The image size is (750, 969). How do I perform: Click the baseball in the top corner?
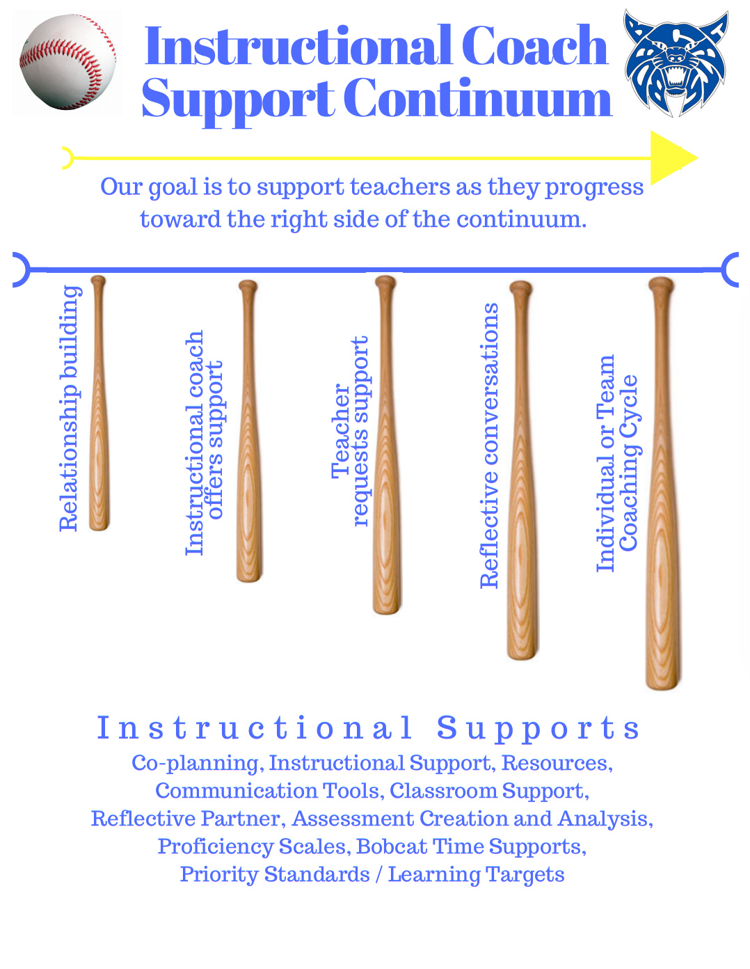pos(67,63)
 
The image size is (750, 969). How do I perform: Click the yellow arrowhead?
pos(671,158)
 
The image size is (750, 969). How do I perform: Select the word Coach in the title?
pos(534,47)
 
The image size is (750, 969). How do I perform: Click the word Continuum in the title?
pos(477,99)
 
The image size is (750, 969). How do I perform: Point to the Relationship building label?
pos(70,409)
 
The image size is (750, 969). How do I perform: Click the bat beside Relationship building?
pos(99,404)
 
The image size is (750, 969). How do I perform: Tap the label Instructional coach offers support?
pos(204,443)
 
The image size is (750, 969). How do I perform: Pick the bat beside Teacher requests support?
pos(387,446)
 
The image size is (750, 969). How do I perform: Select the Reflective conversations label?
pos(490,446)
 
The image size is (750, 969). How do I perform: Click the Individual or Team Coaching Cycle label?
pos(617,463)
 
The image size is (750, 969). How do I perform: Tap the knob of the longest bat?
pos(661,285)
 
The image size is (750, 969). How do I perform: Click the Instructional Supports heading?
pos(368,728)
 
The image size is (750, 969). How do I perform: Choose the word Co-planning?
pos(195,763)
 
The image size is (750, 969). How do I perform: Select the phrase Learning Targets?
pos(476,874)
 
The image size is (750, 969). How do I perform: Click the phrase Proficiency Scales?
pos(252,846)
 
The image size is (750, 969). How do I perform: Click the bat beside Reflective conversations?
pos(522,471)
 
